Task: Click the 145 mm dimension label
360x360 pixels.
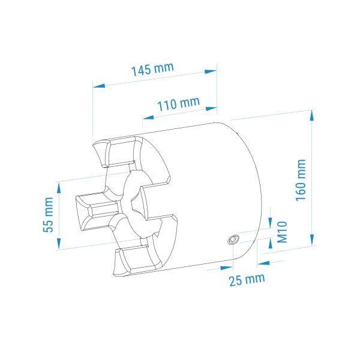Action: click(152, 69)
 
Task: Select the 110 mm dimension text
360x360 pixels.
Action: click(178, 104)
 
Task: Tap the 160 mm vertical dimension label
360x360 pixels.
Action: click(301, 180)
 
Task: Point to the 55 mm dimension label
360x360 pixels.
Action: click(49, 215)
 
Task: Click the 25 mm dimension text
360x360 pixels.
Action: click(247, 280)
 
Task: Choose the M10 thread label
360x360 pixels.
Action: click(282, 232)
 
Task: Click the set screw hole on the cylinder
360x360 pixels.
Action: click(233, 239)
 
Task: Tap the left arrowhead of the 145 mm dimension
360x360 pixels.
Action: click(99, 86)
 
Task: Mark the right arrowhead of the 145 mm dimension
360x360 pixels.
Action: click(211, 71)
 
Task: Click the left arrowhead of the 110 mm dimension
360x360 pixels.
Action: click(148, 118)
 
